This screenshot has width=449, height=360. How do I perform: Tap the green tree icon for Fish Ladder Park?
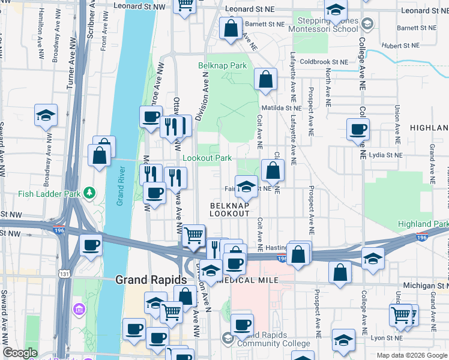tap(89, 193)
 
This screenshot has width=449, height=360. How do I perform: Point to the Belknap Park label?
tap(223, 65)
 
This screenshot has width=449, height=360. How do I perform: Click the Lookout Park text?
tap(207, 158)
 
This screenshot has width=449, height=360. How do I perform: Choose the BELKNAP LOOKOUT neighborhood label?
tap(229, 209)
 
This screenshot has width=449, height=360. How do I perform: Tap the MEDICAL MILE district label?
tap(253, 280)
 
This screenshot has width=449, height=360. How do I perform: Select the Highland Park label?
tap(423, 224)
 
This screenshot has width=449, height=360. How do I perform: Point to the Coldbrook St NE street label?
tap(324, 62)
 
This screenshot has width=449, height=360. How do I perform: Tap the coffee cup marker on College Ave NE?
tap(358, 128)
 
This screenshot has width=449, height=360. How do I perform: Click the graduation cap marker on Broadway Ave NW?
tap(46, 115)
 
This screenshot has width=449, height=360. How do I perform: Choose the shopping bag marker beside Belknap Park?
tap(265, 79)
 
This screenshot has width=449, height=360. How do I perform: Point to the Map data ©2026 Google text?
tap(411, 355)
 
